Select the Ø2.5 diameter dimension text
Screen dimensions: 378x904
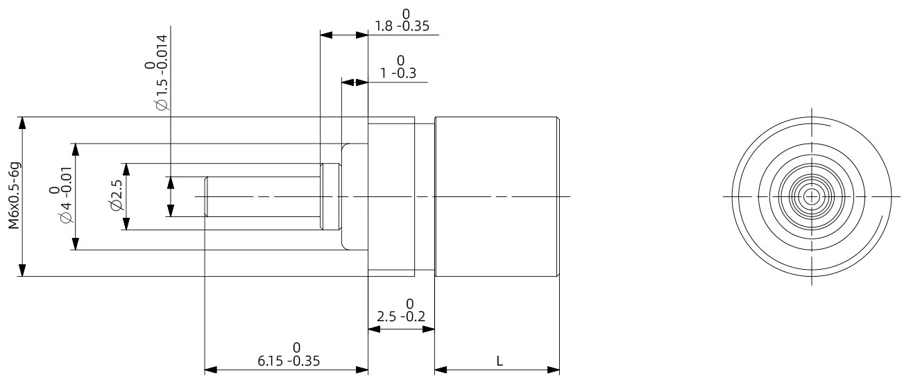115,196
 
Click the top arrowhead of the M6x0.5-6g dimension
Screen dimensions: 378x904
23,123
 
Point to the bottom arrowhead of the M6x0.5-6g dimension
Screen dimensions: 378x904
23,270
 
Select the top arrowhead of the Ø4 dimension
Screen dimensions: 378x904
75,149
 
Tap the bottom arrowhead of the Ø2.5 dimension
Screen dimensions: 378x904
126,224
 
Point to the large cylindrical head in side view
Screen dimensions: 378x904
497,196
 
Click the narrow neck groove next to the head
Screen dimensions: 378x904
424,196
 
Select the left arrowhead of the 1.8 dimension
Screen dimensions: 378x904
325,34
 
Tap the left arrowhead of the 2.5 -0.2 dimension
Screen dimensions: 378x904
373,329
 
